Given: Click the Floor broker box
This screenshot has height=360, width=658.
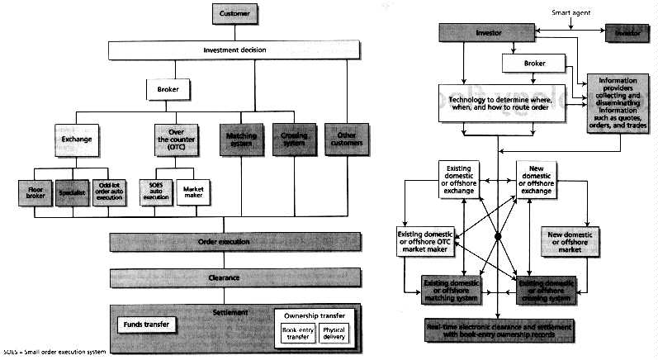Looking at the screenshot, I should (x=36, y=194).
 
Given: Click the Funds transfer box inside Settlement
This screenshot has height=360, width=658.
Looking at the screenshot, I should (x=148, y=324).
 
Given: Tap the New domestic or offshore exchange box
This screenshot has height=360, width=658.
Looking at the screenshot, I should (x=544, y=179).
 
